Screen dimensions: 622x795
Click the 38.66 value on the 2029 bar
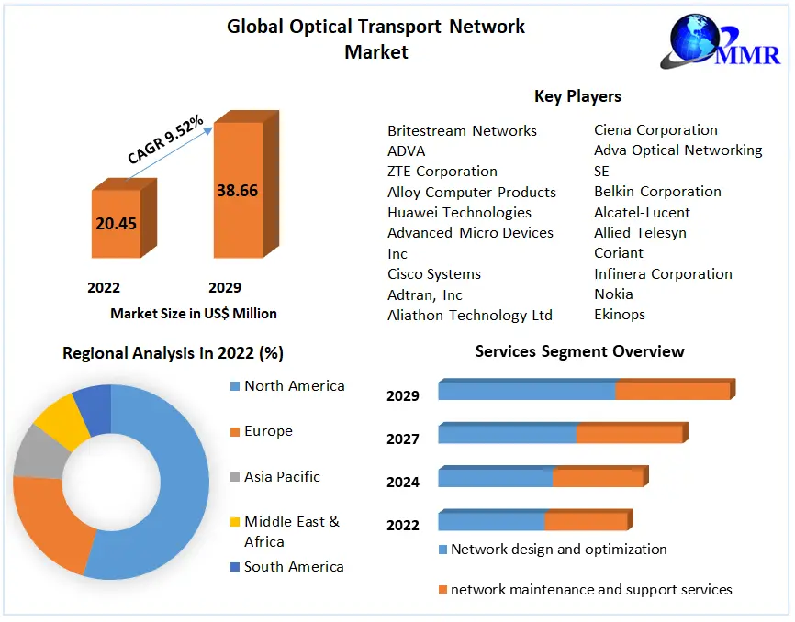coord(237,191)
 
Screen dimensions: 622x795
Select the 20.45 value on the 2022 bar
coord(116,223)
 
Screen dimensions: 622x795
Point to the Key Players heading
coord(577,96)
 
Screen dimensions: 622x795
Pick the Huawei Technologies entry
coord(459,212)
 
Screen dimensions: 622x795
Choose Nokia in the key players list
coord(613,294)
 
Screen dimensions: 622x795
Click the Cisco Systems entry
coord(433,273)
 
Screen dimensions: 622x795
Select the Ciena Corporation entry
coord(655,129)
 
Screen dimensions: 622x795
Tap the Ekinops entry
coord(619,314)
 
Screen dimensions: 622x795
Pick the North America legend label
coord(294,385)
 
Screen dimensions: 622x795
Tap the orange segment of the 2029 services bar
coord(672,391)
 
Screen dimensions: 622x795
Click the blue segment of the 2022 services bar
coord(490,521)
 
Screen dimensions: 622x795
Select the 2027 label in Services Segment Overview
coord(403,439)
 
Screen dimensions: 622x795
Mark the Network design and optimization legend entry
coord(558,549)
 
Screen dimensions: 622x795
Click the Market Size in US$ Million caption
coord(194,313)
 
